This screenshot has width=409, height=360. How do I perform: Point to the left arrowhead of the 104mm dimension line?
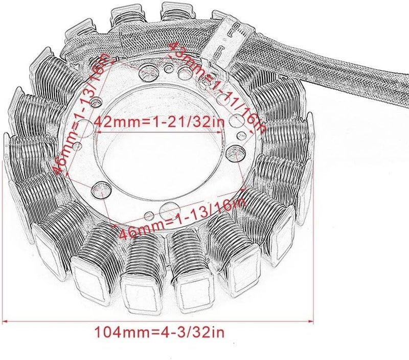pyautogui.click(x=7, y=321)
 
